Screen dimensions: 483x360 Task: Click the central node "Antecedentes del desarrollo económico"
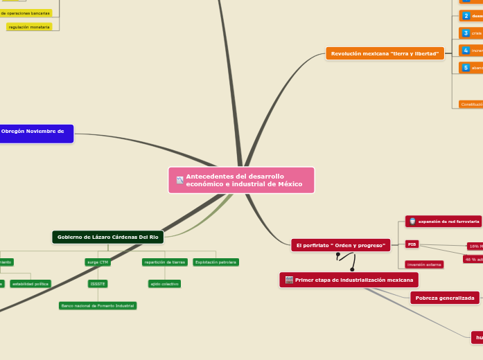241,180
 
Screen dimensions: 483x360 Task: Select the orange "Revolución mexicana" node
385,53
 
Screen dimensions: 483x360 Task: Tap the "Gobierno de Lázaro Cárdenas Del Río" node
107,237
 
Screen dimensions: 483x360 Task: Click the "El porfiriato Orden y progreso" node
340,245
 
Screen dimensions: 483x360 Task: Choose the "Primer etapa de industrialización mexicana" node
349,280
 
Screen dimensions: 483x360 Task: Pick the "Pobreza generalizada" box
445,298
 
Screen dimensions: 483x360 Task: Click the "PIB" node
412,244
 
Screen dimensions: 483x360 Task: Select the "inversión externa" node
424,264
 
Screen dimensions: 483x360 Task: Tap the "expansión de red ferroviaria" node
444,222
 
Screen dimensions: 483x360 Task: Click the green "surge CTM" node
98,262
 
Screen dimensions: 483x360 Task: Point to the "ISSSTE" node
98,284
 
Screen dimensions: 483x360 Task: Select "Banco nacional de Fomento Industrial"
98,305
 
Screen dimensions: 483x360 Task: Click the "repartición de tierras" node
164,262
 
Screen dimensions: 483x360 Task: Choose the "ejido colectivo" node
164,284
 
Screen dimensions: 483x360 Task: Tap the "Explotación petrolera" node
216,262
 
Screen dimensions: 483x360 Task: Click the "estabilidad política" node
30,284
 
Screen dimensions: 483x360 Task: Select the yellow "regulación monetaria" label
29,27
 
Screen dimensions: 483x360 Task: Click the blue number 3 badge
466,33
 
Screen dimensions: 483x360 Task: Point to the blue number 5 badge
466,67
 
